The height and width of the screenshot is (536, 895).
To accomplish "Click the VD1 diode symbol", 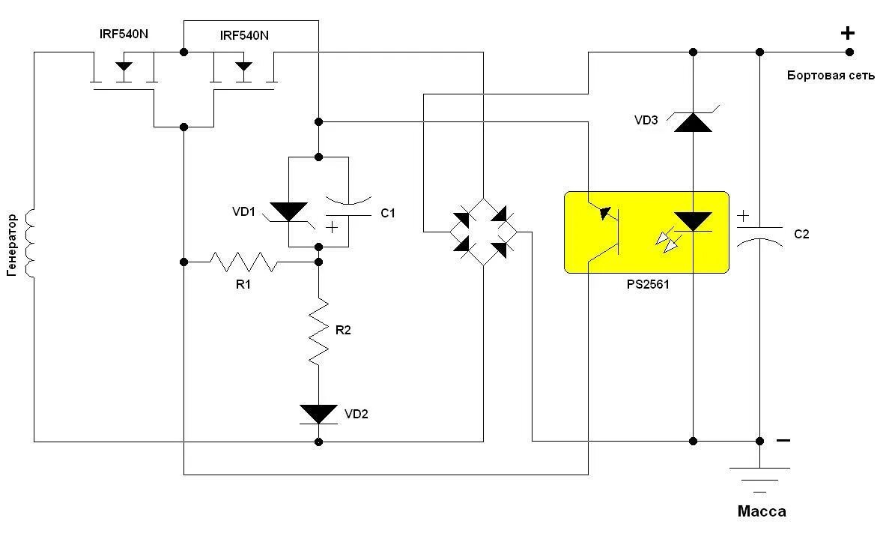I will pos(288,212).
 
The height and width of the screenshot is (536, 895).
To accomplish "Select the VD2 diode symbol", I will pos(318,414).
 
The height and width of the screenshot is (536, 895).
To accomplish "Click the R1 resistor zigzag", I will pos(243,262).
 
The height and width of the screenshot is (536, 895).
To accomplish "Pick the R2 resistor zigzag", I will pos(319,331).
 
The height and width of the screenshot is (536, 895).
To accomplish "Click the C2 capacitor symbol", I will pos(759,233).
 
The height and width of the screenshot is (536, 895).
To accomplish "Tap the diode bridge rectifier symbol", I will pos(482,232).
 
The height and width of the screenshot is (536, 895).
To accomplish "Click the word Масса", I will pos(762,512).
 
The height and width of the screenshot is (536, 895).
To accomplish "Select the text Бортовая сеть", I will pos(831,76).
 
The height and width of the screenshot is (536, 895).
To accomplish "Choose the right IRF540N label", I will pos(244,35).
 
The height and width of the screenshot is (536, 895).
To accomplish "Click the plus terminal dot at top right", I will pos(849,52).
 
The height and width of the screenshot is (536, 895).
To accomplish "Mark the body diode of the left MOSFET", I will pos(123,68).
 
